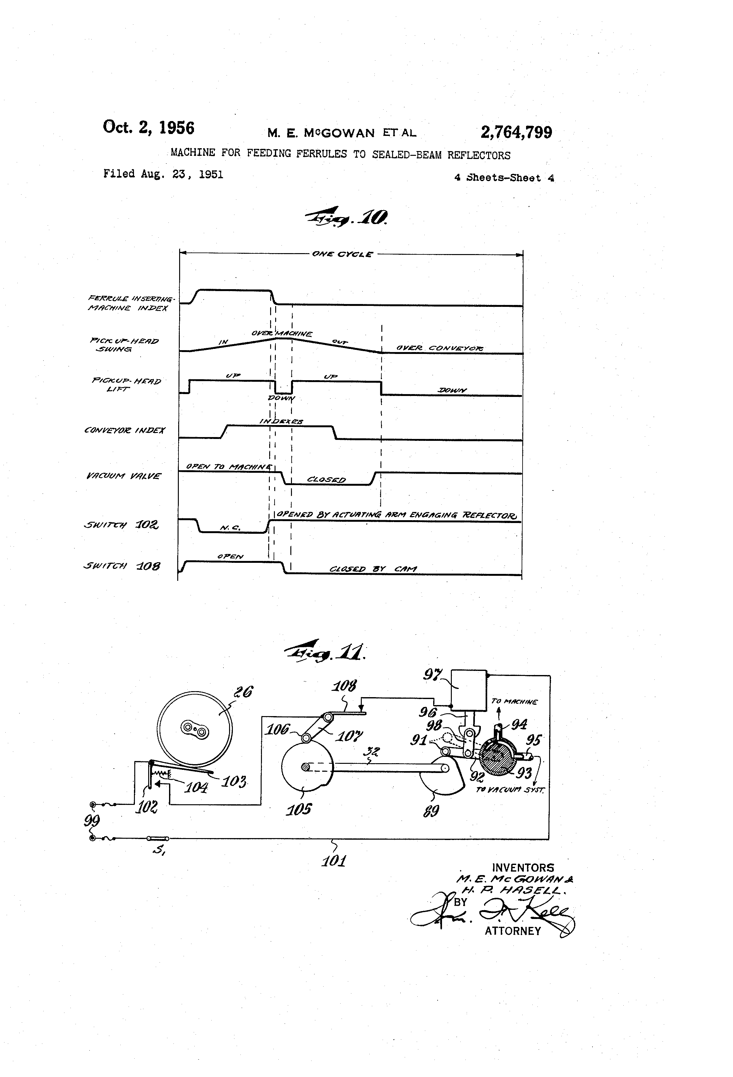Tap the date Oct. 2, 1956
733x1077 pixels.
pyautogui.click(x=148, y=127)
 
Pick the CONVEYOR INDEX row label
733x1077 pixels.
pyautogui.click(x=124, y=430)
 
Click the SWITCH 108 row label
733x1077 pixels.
pyautogui.click(x=122, y=566)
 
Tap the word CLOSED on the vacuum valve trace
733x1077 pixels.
pyautogui.click(x=326, y=480)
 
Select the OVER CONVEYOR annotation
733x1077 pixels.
pyautogui.click(x=439, y=348)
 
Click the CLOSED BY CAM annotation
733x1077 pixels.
pyautogui.click(x=373, y=569)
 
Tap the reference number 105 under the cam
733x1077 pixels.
pyautogui.click(x=298, y=810)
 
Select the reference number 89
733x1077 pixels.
pyautogui.click(x=431, y=811)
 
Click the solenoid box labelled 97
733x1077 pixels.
pyautogui.click(x=469, y=690)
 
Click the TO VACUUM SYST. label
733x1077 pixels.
pyautogui.click(x=510, y=789)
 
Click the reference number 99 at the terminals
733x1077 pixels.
pyautogui.click(x=92, y=821)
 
